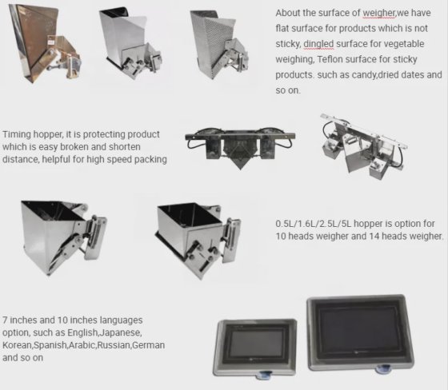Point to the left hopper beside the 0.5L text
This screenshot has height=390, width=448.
pos(57,233)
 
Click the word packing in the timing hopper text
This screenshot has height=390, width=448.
pos(148,159)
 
